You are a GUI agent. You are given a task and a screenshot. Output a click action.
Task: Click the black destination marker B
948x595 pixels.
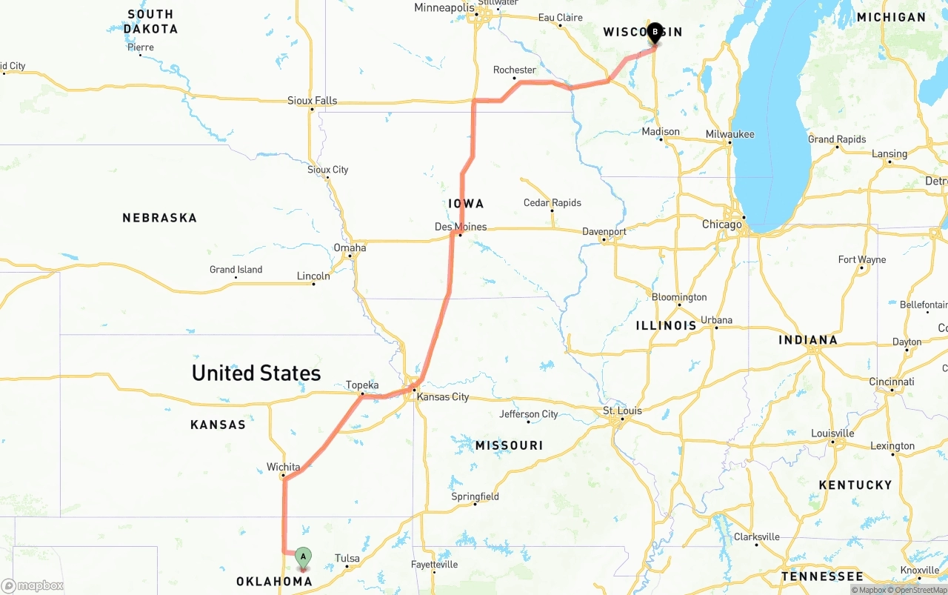[655, 33]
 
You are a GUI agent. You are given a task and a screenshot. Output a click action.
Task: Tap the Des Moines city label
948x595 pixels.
[461, 227]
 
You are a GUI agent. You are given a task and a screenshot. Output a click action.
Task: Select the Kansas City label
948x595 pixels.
[443, 396]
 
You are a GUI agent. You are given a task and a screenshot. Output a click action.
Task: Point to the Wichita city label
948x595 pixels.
[284, 467]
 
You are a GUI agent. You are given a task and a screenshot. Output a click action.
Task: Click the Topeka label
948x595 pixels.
[362, 385]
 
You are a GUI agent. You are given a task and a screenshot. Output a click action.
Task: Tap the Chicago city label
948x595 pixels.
[722, 225]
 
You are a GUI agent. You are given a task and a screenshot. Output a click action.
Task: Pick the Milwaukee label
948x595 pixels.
[730, 134]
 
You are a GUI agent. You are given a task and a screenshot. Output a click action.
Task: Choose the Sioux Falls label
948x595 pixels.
[313, 101]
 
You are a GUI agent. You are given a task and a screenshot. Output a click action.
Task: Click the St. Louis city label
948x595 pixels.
[622, 410]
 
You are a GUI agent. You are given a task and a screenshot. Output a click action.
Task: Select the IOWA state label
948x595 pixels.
[466, 204]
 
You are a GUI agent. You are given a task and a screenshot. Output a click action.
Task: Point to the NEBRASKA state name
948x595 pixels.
[160, 218]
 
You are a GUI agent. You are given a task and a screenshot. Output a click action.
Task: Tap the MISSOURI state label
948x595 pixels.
[509, 445]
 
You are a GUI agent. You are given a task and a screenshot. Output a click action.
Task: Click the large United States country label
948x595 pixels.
[256, 373]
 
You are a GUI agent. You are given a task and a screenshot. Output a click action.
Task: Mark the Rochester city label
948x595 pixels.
[515, 70]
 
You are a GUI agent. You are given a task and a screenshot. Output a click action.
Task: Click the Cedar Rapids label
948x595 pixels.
[553, 202]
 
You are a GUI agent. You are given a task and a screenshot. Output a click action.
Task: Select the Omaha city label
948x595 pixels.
[350, 247]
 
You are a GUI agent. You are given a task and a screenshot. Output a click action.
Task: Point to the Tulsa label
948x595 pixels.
[347, 558]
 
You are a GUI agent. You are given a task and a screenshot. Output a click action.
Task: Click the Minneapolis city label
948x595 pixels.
[444, 8]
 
